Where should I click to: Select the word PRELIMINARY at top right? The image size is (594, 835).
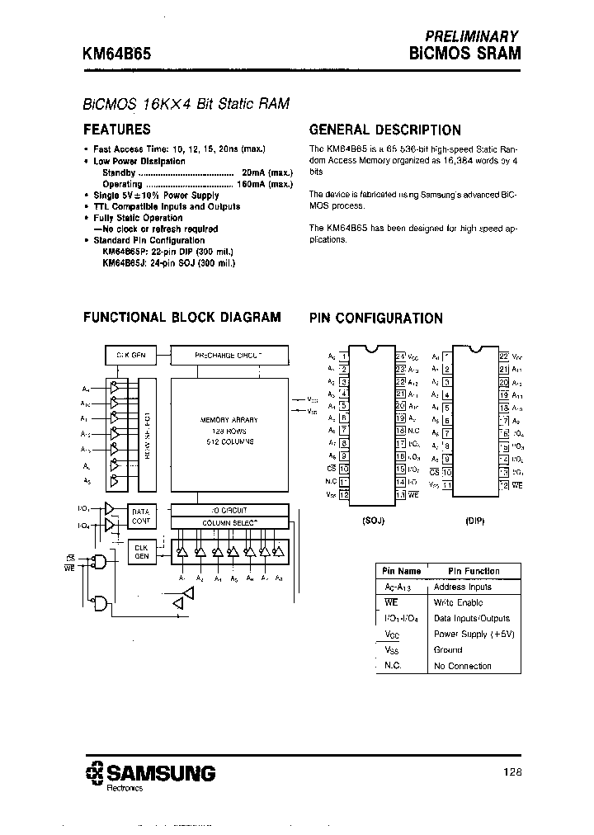(x=471, y=36)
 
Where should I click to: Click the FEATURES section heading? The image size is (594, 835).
(x=117, y=130)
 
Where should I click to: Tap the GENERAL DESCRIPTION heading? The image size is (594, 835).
(x=384, y=130)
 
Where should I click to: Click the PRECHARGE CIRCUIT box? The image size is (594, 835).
(x=229, y=355)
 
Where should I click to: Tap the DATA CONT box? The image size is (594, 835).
(x=141, y=517)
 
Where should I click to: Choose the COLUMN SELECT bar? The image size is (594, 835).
(x=229, y=522)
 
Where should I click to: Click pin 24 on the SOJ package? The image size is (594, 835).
(x=399, y=356)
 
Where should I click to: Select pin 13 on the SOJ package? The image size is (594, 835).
(x=399, y=494)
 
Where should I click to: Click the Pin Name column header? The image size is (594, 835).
(x=402, y=571)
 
